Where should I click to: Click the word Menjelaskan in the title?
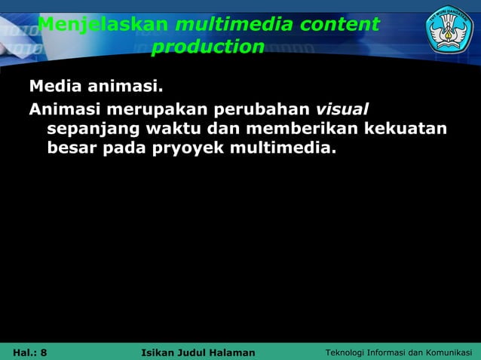103,25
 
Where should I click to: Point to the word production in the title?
207,47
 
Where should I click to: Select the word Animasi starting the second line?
65,108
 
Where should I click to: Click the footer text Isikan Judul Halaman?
198,352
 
